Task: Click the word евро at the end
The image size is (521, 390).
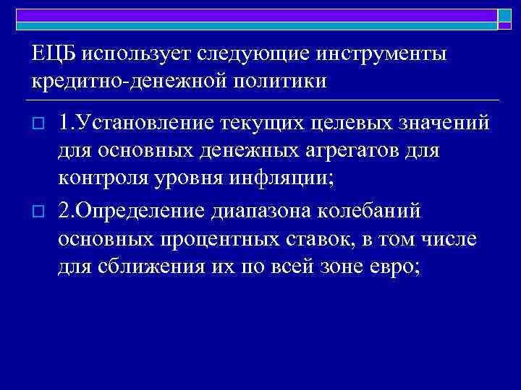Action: coord(402,268)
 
